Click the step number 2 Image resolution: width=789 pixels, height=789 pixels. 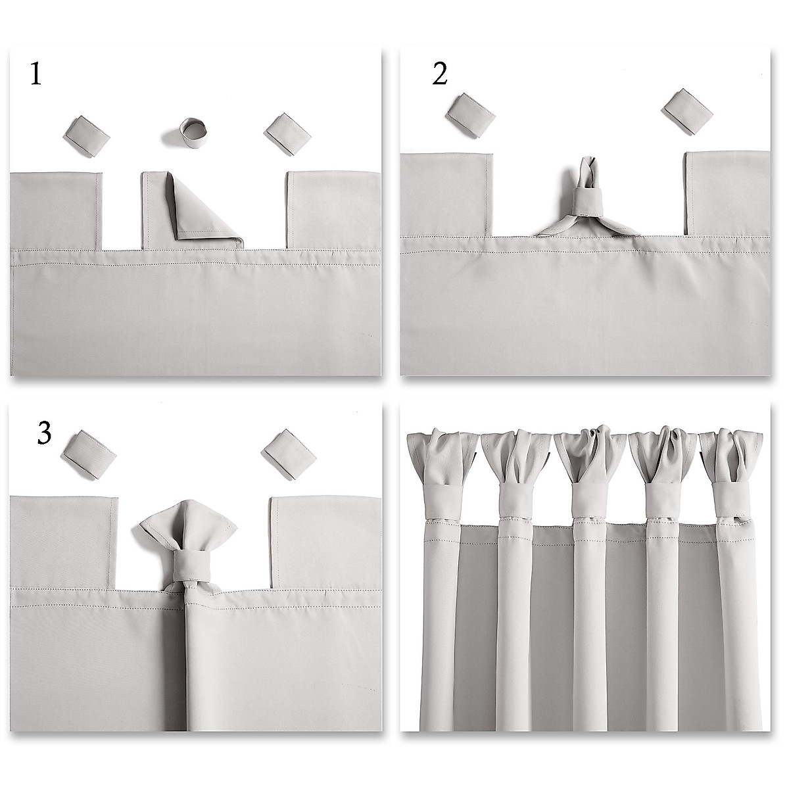click(440, 74)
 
